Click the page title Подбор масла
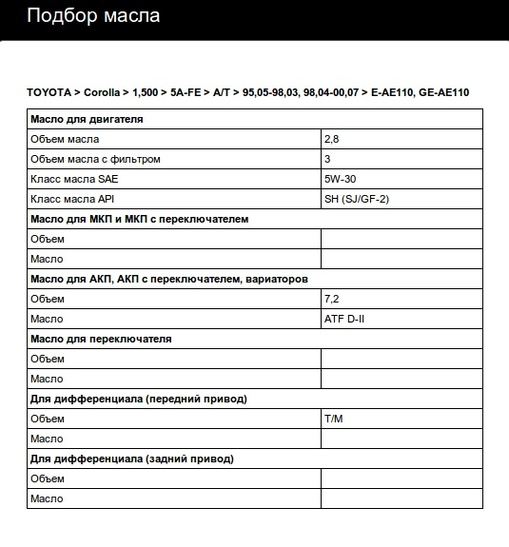click(93, 16)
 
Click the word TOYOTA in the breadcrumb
click(48, 92)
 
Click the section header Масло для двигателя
click(87, 119)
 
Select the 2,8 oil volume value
click(332, 139)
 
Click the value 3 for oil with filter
click(327, 159)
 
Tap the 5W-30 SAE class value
click(341, 179)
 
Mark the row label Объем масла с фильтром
click(95, 159)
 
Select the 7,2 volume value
click(332, 299)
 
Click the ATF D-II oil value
click(344, 319)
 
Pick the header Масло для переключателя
click(101, 339)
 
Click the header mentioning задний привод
click(132, 459)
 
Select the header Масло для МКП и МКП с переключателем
click(140, 219)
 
